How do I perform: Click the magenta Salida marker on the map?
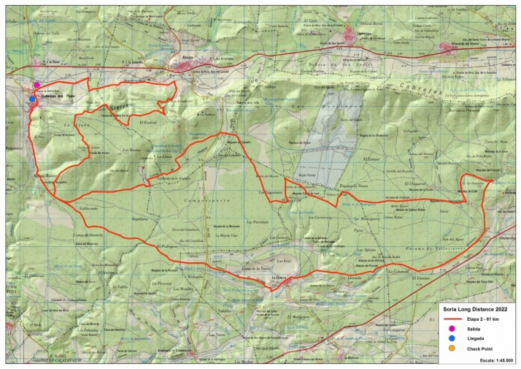pos(36,85)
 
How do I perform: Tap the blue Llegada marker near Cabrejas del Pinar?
pos(32,99)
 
